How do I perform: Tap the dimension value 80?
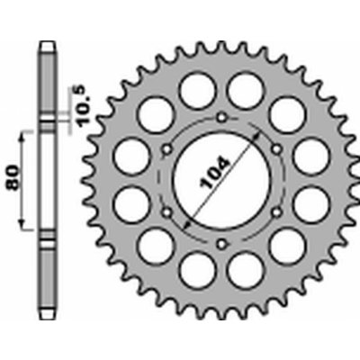click(13, 177)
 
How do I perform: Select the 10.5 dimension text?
click(80, 105)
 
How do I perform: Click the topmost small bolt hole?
click(221, 117)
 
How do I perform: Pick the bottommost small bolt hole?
click(221, 244)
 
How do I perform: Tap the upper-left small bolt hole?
click(166, 148)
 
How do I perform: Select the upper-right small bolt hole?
click(276, 148)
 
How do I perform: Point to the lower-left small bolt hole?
click(166, 212)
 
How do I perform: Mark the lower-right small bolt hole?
click(276, 212)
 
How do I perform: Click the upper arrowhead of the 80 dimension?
click(22, 138)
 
